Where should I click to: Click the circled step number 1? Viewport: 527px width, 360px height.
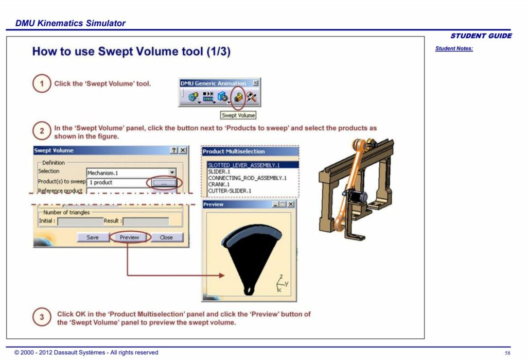42,83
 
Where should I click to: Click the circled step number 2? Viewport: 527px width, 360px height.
42,131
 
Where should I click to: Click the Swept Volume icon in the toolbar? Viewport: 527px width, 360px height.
238,96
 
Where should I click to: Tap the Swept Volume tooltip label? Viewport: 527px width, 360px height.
238,115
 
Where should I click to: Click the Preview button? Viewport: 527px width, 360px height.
129,237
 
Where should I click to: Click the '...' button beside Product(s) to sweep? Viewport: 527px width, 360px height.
163,182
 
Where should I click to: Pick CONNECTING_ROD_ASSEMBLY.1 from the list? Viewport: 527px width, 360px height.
247,178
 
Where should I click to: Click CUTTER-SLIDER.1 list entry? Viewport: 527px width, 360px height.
229,191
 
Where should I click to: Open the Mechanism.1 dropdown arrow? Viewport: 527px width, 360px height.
172,173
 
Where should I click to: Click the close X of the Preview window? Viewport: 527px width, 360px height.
291,204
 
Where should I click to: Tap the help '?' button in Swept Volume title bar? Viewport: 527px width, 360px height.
174,150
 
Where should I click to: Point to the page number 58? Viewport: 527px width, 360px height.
507,353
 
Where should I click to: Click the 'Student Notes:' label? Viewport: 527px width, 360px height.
454,49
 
